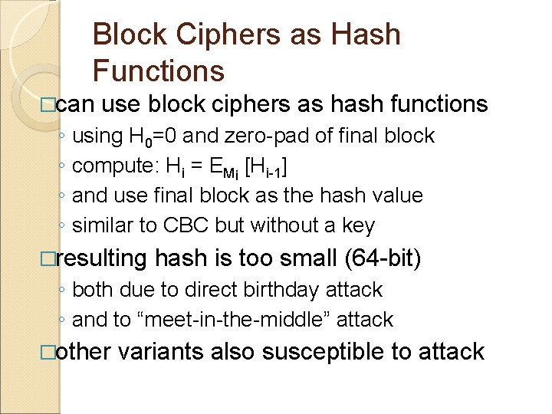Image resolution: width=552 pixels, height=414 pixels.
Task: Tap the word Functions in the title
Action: coord(158,71)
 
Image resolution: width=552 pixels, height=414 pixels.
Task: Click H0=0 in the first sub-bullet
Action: coord(153,136)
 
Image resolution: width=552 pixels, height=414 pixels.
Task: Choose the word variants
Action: coord(160,352)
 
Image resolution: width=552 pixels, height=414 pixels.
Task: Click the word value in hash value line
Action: coord(396,195)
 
